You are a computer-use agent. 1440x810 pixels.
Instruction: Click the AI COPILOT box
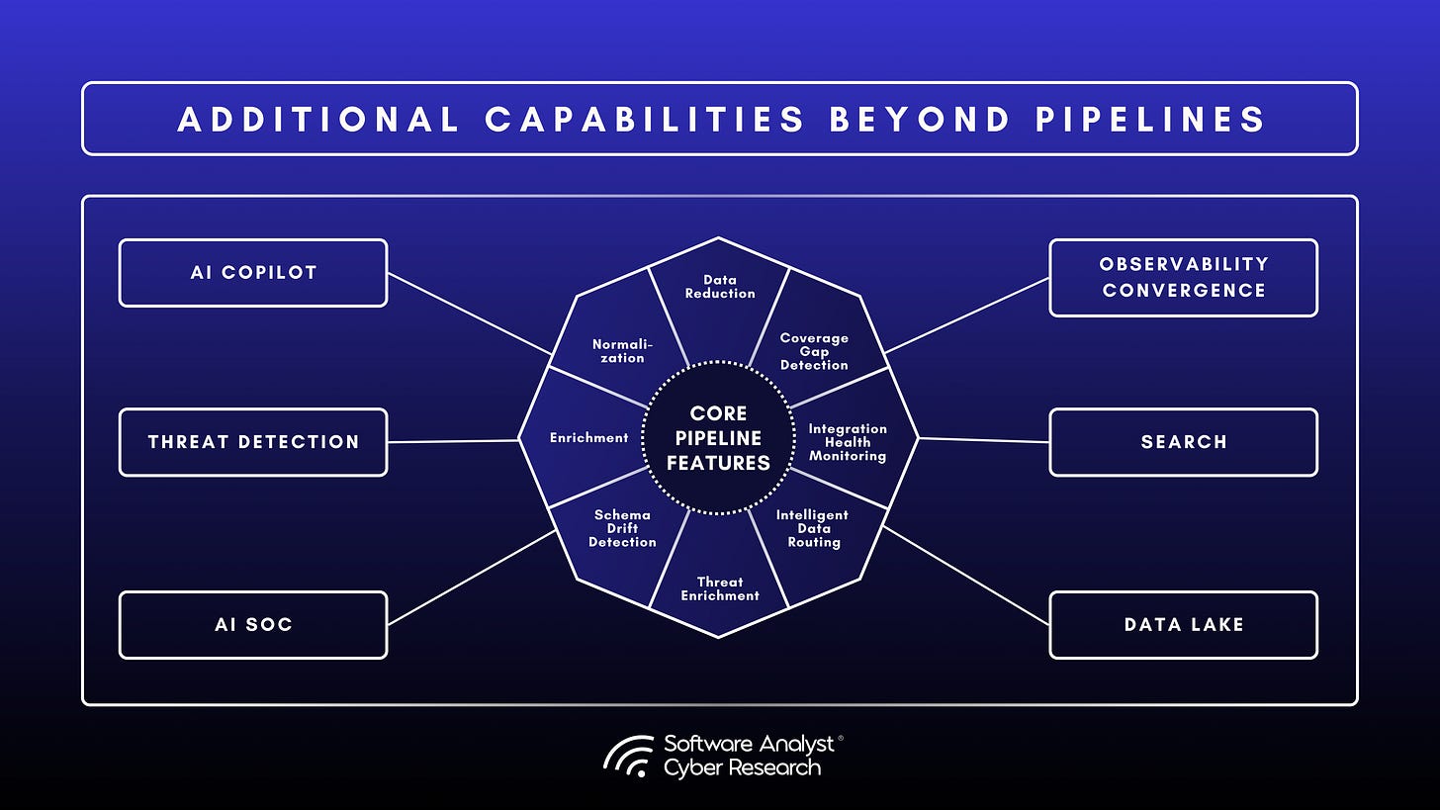pyautogui.click(x=253, y=273)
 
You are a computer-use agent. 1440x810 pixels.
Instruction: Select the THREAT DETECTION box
pyautogui.click(x=253, y=442)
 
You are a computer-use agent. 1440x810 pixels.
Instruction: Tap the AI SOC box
pyautogui.click(x=253, y=625)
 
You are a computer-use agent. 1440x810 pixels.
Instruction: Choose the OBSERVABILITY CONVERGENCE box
pyautogui.click(x=1183, y=277)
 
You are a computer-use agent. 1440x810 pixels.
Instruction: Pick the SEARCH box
pyautogui.click(x=1183, y=442)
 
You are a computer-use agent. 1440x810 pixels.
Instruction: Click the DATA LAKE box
pyautogui.click(x=1183, y=625)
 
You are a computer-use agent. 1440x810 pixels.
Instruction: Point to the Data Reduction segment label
pyautogui.click(x=719, y=287)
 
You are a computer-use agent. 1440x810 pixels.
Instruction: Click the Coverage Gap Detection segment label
pyautogui.click(x=814, y=351)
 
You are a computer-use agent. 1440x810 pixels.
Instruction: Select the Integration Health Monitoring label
pyautogui.click(x=848, y=442)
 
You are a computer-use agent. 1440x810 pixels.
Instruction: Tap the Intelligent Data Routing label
pyautogui.click(x=812, y=528)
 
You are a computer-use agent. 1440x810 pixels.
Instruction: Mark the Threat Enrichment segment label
pyautogui.click(x=719, y=588)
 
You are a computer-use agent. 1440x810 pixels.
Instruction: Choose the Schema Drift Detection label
pyautogui.click(x=622, y=528)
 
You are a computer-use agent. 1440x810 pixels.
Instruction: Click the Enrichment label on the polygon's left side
pyautogui.click(x=588, y=437)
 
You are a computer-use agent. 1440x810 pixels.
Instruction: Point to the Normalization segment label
pyautogui.click(x=618, y=350)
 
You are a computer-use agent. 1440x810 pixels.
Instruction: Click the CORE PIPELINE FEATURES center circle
pyautogui.click(x=718, y=437)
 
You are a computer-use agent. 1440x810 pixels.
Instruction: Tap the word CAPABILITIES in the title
pyautogui.click(x=645, y=120)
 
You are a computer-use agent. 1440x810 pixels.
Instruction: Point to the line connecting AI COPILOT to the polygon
pyautogui.click(x=469, y=314)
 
